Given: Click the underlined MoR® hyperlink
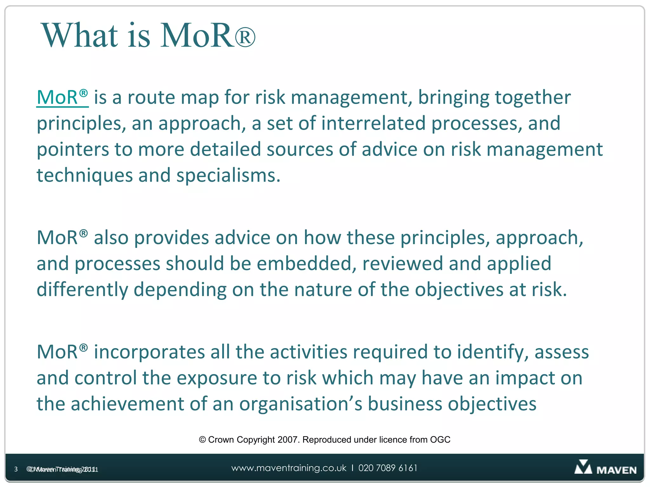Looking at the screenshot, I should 62,97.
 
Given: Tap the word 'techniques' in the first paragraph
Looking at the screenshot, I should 84,176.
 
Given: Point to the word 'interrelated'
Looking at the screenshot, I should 373,123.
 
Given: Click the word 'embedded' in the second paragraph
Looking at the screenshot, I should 306,264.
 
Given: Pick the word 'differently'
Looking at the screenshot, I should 82,290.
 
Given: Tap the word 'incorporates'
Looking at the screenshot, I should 149,352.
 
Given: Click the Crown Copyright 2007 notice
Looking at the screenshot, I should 324,440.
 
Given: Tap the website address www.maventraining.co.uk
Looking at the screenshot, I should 289,468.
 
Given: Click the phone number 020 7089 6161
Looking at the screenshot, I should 388,468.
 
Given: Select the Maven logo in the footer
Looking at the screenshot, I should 605,468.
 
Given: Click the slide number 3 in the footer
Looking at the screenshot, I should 16,469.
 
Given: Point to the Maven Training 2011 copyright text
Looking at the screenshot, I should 63,469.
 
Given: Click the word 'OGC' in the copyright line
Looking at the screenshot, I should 440,440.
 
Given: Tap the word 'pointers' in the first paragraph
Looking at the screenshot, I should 73,149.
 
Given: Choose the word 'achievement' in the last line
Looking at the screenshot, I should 127,404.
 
